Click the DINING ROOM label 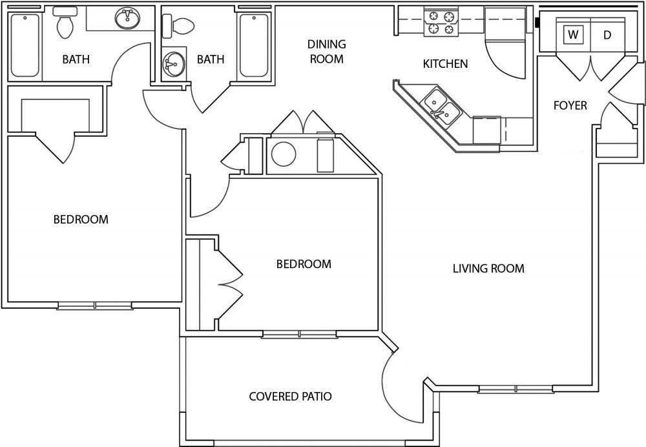[x=326, y=52]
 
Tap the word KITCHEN [x=445, y=64]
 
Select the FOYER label [x=570, y=105]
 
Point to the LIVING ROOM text [x=488, y=268]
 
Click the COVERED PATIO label [x=290, y=396]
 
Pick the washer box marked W [x=573, y=35]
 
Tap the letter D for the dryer [x=607, y=35]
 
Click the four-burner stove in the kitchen [x=441, y=21]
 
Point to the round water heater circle [x=283, y=154]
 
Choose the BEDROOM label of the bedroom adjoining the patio [x=303, y=264]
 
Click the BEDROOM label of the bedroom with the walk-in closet [x=81, y=220]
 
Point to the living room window [x=516, y=390]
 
